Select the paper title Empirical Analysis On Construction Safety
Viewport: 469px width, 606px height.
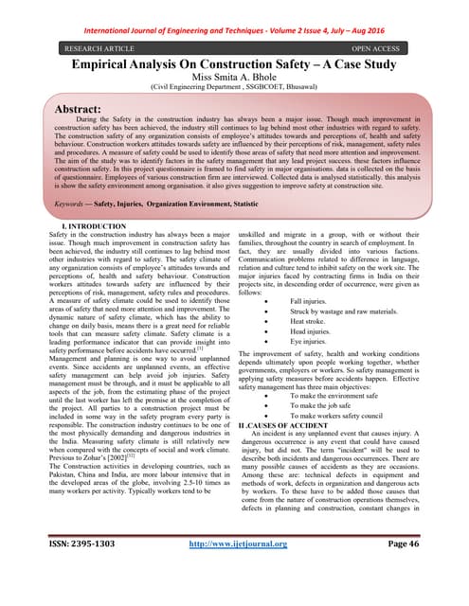[234, 62]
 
